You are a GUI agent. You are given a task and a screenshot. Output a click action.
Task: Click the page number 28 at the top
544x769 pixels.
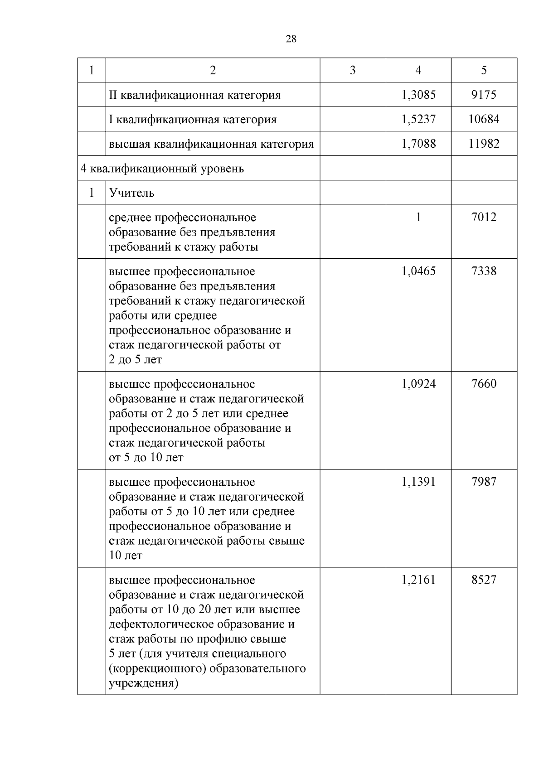pyautogui.click(x=291, y=39)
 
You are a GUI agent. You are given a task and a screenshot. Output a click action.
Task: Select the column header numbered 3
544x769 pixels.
pyautogui.click(x=353, y=70)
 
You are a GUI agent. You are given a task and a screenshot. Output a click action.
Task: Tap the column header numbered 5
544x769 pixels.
pyautogui.click(x=484, y=70)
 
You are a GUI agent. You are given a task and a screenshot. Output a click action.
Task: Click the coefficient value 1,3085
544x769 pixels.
pyautogui.click(x=418, y=95)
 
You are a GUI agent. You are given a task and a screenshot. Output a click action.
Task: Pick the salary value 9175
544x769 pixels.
pyautogui.click(x=484, y=95)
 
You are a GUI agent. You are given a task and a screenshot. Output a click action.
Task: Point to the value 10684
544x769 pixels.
pyautogui.click(x=484, y=119)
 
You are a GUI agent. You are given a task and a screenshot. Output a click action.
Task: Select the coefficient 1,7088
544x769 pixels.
pyautogui.click(x=418, y=144)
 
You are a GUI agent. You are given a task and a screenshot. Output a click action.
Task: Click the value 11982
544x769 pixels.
pyautogui.click(x=484, y=144)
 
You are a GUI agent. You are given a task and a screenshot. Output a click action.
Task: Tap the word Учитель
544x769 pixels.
pyautogui.click(x=131, y=193)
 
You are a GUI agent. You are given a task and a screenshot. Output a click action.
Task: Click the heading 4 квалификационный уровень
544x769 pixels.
pyautogui.click(x=162, y=169)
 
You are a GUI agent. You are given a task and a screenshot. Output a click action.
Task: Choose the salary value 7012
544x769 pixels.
pyautogui.click(x=484, y=217)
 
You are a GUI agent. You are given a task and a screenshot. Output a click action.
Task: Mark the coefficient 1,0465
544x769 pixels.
pyautogui.click(x=418, y=271)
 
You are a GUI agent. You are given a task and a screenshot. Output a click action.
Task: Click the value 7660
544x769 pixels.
pyautogui.click(x=484, y=384)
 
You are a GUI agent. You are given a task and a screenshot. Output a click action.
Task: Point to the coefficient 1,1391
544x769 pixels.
pyautogui.click(x=418, y=482)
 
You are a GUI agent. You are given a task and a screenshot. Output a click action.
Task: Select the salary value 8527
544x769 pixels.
pyautogui.click(x=484, y=580)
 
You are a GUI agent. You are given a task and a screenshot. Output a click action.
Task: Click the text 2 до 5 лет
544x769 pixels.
pyautogui.click(x=135, y=360)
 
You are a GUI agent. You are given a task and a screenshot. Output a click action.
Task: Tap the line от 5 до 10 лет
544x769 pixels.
pyautogui.click(x=146, y=458)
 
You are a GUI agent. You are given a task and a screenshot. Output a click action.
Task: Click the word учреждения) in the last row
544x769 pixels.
pyautogui.click(x=143, y=683)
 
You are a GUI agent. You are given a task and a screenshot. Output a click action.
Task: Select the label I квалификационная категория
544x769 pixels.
pyautogui.click(x=193, y=120)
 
